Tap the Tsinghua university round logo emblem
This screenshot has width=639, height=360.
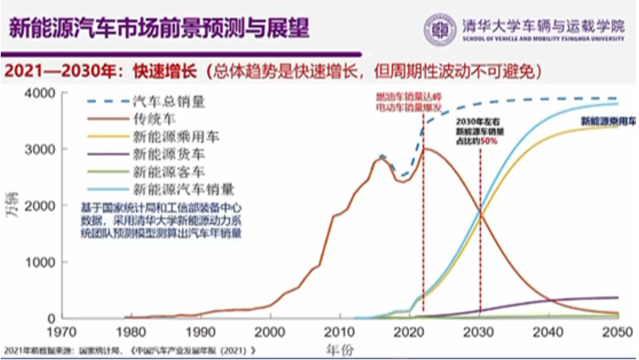tap(440, 29)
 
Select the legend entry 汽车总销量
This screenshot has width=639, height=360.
tap(168, 101)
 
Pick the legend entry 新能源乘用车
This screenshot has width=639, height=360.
tap(176, 137)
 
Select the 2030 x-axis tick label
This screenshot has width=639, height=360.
tap(480, 332)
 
